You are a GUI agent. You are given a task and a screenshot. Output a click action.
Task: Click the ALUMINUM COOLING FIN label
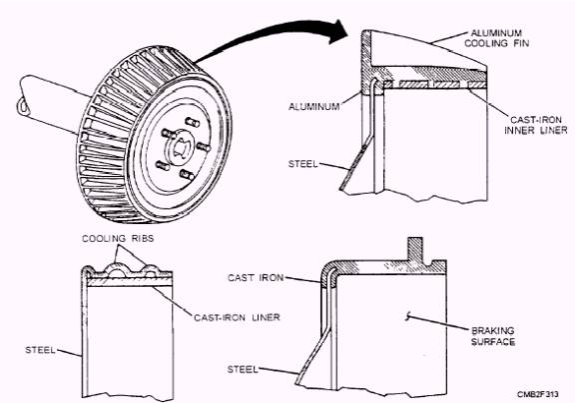click(496, 38)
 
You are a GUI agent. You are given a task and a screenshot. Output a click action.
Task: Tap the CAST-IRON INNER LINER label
click(536, 125)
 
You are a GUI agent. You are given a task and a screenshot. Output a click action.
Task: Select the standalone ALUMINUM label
click(313, 107)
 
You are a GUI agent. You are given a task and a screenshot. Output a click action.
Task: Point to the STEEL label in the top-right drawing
click(302, 164)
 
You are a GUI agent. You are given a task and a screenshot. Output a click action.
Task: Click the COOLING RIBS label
click(118, 238)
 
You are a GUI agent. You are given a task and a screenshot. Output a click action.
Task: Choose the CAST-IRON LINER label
click(237, 317)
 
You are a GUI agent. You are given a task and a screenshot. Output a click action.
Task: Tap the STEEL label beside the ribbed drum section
click(40, 350)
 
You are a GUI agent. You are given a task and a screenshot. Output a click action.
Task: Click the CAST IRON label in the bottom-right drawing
click(256, 277)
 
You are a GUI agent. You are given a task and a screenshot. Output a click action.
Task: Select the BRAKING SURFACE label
click(493, 336)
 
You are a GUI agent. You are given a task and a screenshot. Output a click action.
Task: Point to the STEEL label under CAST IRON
click(243, 369)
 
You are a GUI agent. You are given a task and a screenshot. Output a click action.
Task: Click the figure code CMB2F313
click(538, 394)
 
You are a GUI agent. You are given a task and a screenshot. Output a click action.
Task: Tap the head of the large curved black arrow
click(338, 32)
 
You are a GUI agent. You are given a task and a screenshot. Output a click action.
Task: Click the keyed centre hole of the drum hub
click(181, 147)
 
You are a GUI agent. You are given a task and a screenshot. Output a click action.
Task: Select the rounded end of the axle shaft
click(23, 107)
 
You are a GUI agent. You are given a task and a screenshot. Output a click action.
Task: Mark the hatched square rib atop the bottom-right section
click(415, 249)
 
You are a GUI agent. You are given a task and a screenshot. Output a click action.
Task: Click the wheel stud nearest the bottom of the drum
click(187, 174)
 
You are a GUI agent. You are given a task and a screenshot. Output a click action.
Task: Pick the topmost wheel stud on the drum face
click(192, 122)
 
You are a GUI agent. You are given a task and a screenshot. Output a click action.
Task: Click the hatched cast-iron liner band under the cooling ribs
click(130, 282)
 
